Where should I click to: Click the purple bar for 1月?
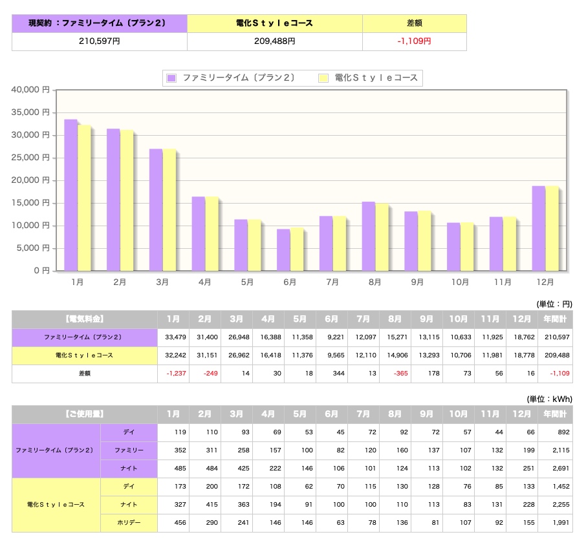[x=71, y=195]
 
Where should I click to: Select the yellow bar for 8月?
[x=382, y=237]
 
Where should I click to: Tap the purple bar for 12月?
[x=539, y=228]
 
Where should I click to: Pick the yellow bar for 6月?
[x=297, y=249]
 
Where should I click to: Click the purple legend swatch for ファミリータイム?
[x=171, y=78]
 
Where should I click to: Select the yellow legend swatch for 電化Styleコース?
[x=323, y=78]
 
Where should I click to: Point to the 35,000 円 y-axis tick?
[x=30, y=112]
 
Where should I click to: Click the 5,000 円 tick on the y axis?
[x=33, y=248]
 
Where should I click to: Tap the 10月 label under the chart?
[x=460, y=282]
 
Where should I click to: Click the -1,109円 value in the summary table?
[x=414, y=41]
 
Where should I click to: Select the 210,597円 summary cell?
[x=100, y=41]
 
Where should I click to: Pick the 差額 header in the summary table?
[x=415, y=23]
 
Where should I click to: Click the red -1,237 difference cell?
[x=176, y=373]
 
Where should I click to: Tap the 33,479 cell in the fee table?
[x=175, y=337]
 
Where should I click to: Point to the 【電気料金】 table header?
[x=85, y=319]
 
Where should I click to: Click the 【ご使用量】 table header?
[x=85, y=414]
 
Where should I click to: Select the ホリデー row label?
[x=129, y=523]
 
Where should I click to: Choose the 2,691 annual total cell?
[x=561, y=468]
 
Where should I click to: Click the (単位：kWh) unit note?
[x=549, y=399]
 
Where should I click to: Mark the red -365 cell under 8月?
[x=400, y=373]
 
